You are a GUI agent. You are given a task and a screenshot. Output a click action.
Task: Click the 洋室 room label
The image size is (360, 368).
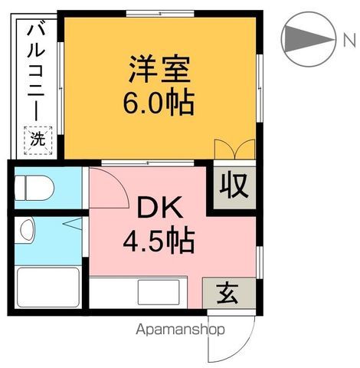tap(159, 70)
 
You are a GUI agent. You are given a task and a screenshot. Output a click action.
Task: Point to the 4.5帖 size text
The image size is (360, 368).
tap(159, 242)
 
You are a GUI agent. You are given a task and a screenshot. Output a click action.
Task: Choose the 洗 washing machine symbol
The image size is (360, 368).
tap(37, 140)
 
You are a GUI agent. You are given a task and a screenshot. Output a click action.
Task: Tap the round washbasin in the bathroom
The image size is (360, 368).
tap(28, 228)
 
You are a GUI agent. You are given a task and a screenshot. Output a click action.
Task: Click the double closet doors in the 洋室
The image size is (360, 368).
tap(234, 149)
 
